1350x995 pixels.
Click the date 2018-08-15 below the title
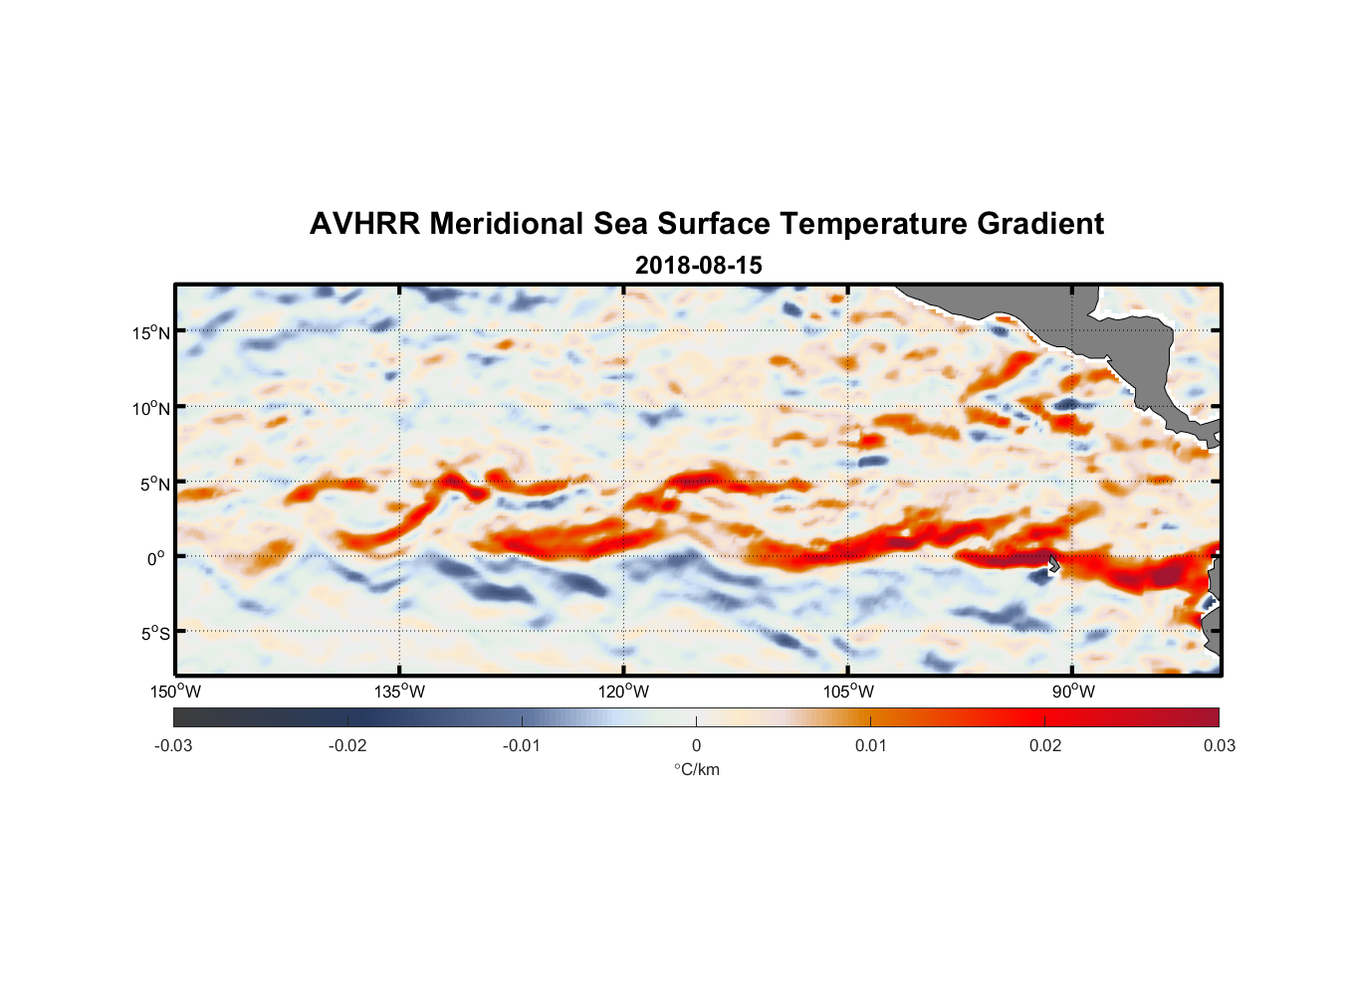(698, 266)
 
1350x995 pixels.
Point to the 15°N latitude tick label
(151, 332)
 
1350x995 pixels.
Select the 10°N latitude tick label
(151, 408)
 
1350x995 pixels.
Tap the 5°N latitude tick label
(155, 484)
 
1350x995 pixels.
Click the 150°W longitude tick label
(176, 692)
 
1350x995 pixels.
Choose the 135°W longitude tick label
(400, 692)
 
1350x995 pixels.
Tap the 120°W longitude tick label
(624, 692)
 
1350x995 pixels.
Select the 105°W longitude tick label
(848, 692)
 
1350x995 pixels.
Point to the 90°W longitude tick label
(1073, 692)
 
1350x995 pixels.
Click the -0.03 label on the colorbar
(173, 746)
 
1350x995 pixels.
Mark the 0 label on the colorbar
(696, 746)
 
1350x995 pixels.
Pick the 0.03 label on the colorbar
(1219, 746)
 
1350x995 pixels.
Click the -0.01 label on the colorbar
(522, 746)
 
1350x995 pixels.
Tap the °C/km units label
(697, 769)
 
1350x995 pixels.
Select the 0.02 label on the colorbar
(1045, 746)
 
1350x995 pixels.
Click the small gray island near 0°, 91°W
(1053, 564)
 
